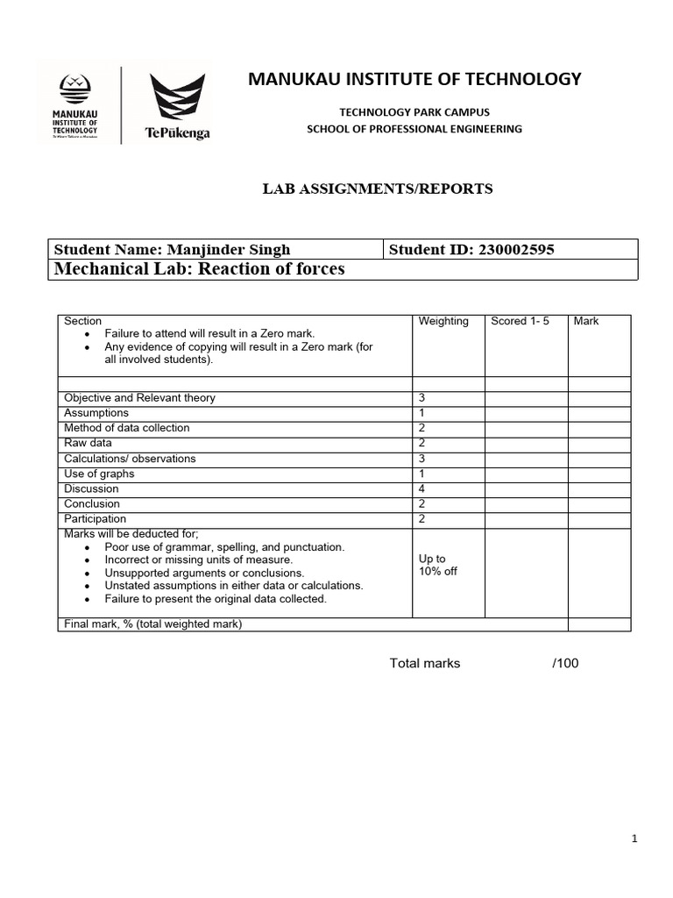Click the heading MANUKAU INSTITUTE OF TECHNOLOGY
[x=414, y=79]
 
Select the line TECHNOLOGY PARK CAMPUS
[x=414, y=112]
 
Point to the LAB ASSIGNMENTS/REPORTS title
[x=379, y=189]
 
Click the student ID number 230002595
[x=516, y=250]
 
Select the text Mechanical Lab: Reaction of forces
[x=200, y=269]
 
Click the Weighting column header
[x=443, y=321]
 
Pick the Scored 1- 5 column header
[x=520, y=321]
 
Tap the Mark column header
[x=586, y=321]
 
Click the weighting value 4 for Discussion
[x=422, y=488]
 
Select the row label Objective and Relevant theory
[x=139, y=397]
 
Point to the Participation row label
[x=95, y=519]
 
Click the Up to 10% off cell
[x=438, y=565]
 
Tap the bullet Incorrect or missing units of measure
[x=199, y=559]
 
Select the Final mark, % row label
[x=152, y=624]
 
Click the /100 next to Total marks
[x=565, y=663]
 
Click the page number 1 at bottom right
[x=634, y=839]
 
